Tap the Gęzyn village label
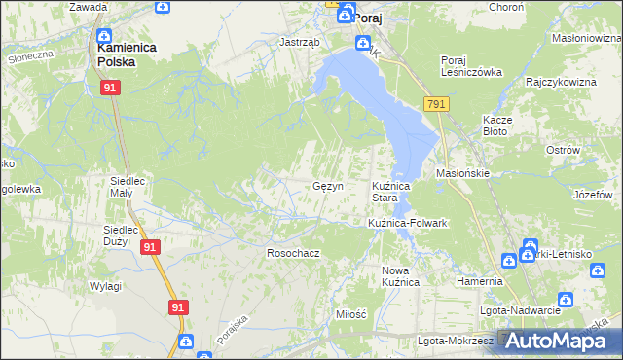tap(326, 185)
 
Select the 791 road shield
tap(435, 104)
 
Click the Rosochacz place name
tap(293, 253)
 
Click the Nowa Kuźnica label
tap(400, 276)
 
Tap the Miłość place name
tap(350, 314)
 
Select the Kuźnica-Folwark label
tap(407, 223)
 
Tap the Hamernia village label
tap(479, 281)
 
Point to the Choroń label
tap(506, 5)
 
